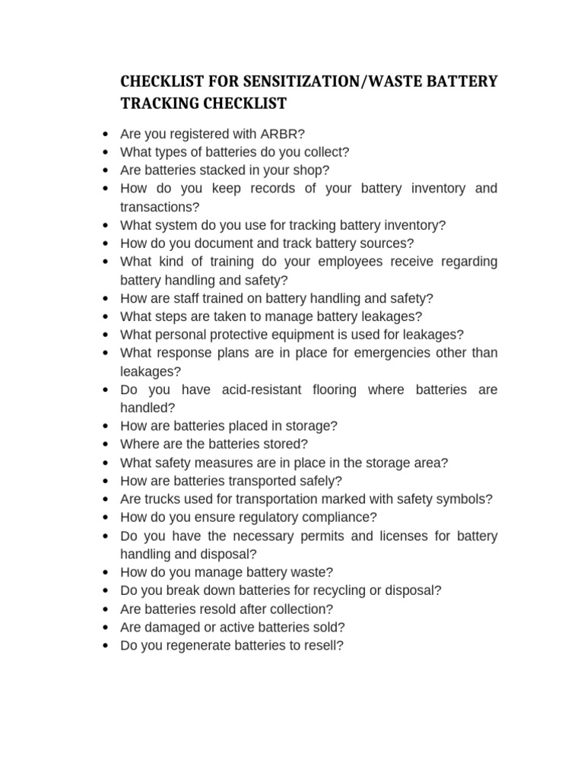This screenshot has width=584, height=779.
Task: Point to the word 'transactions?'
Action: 160,207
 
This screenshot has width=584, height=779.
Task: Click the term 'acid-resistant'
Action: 263,389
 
